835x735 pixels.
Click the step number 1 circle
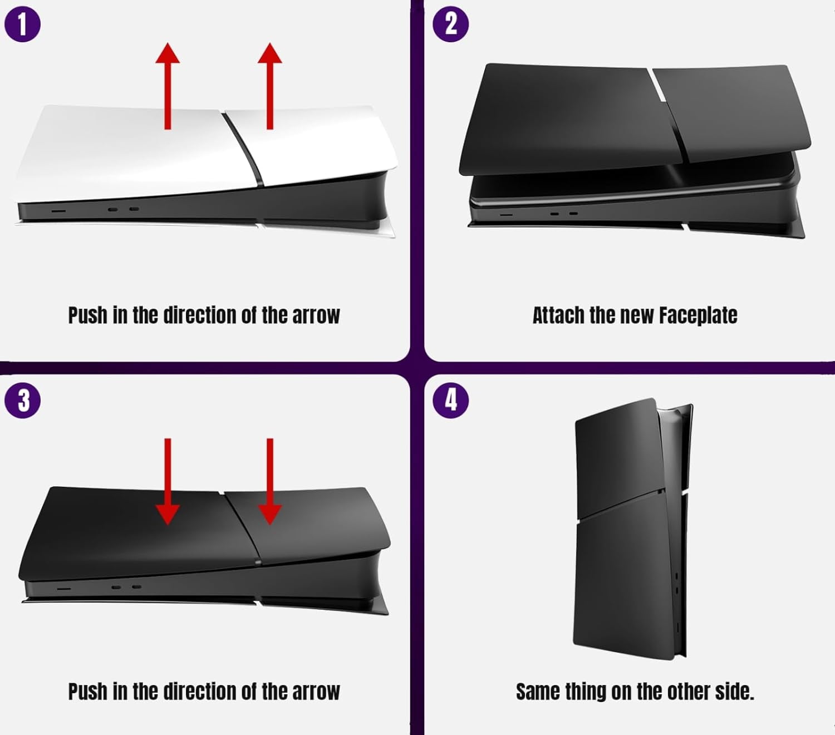coord(22,24)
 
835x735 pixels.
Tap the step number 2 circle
coord(450,24)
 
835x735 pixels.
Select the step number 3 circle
coord(22,401)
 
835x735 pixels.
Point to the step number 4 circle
coord(450,401)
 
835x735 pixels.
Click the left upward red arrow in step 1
coord(168,86)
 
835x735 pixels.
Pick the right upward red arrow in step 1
coord(270,86)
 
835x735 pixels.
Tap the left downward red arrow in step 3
coord(168,481)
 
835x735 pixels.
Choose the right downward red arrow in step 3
coord(270,481)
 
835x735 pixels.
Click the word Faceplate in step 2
coord(698,315)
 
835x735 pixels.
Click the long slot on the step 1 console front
coord(58,210)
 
